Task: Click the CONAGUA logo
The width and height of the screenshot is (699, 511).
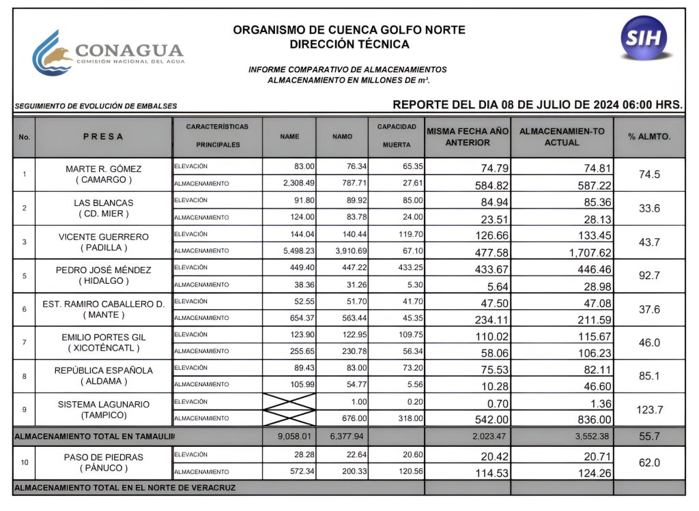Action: tap(108, 53)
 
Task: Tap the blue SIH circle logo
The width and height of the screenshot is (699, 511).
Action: tap(644, 38)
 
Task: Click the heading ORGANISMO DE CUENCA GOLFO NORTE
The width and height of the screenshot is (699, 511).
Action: tap(349, 30)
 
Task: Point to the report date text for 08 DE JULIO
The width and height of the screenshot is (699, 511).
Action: tap(537, 104)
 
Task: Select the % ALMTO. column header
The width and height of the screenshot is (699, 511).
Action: tap(648, 136)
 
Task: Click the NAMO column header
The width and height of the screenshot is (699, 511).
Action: tap(342, 136)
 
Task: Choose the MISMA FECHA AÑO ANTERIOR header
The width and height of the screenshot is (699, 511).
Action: tap(468, 137)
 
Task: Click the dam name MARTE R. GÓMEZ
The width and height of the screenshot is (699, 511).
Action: tap(104, 169)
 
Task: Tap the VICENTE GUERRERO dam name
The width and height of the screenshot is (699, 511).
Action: tap(104, 236)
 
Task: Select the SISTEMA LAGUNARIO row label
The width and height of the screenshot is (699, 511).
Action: tap(104, 404)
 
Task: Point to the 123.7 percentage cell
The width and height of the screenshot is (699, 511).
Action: tap(648, 410)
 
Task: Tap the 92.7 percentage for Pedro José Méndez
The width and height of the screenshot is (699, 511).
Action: tap(648, 276)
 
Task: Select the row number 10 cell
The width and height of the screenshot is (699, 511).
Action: tap(25, 463)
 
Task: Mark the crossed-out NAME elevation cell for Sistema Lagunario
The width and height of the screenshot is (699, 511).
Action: tap(289, 401)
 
